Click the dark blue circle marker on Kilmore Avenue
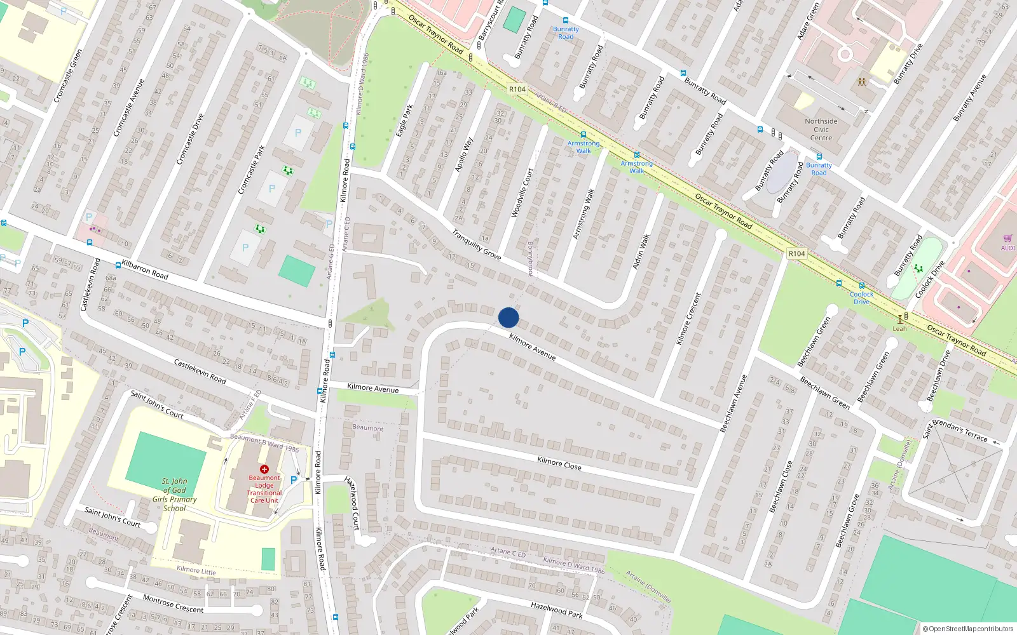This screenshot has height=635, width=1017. pyautogui.click(x=508, y=317)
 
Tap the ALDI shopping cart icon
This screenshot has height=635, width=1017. pyautogui.click(x=1007, y=239)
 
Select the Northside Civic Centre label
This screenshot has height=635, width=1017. pyautogui.click(x=821, y=130)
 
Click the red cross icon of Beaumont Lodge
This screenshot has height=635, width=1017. pyautogui.click(x=264, y=469)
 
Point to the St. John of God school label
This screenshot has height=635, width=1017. pyautogui.click(x=174, y=495)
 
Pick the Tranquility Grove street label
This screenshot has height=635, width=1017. pyautogui.click(x=476, y=244)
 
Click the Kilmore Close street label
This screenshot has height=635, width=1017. pyautogui.click(x=559, y=463)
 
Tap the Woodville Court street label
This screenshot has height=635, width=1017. pyautogui.click(x=522, y=192)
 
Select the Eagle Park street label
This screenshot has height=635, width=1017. pyautogui.click(x=404, y=121)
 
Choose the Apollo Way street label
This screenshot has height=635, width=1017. pyautogui.click(x=464, y=155)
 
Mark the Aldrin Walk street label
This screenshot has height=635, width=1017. pyautogui.click(x=641, y=251)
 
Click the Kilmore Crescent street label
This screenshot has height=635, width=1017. pyautogui.click(x=688, y=319)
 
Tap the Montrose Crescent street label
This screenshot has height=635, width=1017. pyautogui.click(x=173, y=604)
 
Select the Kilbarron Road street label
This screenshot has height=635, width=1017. pyautogui.click(x=145, y=270)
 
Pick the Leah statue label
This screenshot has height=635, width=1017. pyautogui.click(x=899, y=328)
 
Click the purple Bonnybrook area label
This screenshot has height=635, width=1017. pyautogui.click(x=530, y=258)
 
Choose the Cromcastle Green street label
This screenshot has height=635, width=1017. pyautogui.click(x=68, y=76)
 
